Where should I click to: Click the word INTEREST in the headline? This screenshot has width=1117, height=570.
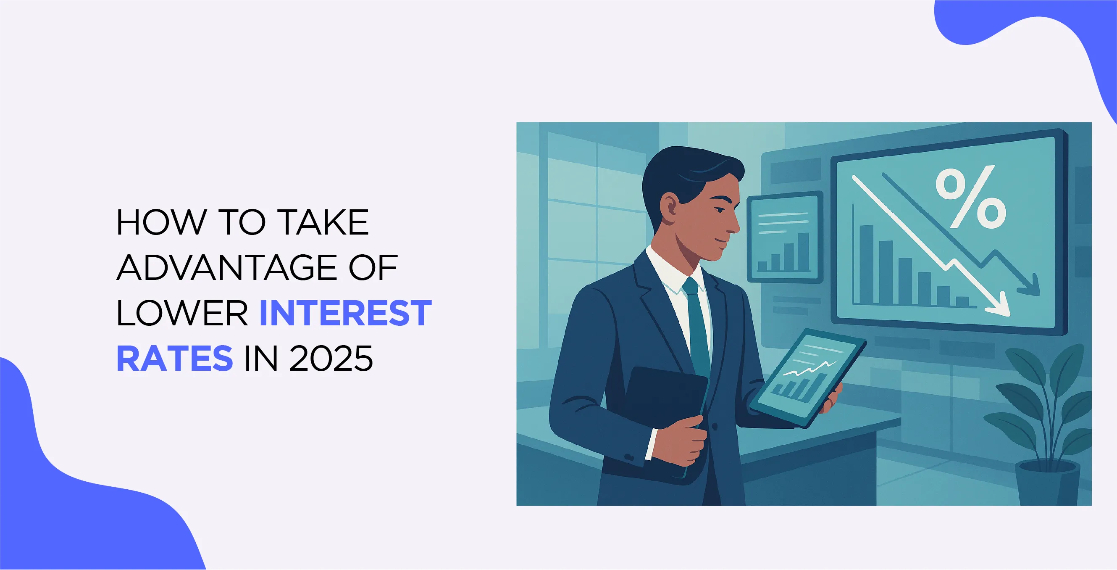point(346,313)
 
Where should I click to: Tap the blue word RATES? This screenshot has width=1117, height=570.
point(175,358)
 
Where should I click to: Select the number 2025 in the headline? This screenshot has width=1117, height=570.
point(331,358)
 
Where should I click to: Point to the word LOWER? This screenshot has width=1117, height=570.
point(182,313)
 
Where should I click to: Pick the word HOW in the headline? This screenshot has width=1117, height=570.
point(161,222)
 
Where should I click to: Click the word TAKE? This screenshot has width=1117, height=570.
point(323,222)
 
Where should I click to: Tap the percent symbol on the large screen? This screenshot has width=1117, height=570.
point(970,198)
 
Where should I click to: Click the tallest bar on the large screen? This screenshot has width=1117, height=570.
point(866,264)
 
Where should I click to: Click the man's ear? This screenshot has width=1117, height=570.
point(670,207)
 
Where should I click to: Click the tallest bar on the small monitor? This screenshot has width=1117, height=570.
point(804,252)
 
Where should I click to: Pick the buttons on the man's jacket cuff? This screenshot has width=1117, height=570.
point(629,457)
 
